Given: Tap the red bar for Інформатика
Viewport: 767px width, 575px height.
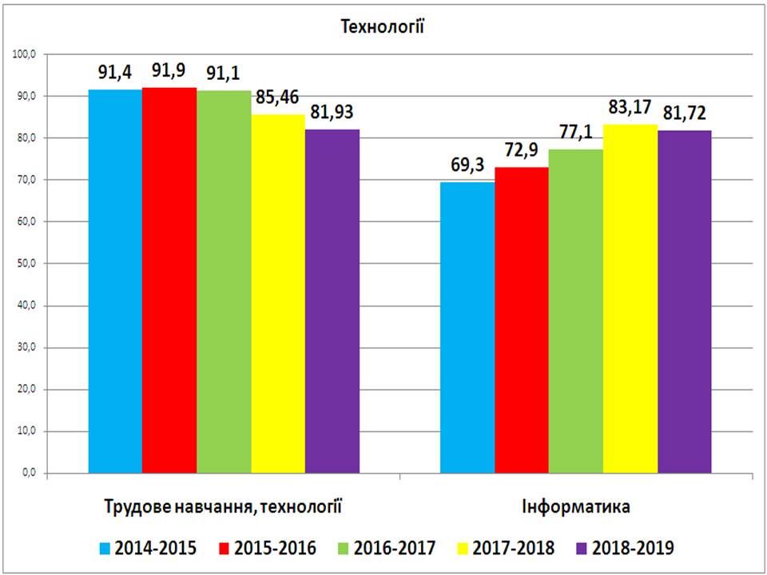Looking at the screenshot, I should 522,319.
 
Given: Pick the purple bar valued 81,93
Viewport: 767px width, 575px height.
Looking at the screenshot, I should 332,301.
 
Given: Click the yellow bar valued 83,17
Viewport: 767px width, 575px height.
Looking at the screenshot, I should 630,299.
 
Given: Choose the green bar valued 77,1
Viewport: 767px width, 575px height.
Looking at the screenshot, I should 575,311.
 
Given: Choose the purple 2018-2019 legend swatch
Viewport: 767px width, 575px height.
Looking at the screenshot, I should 581,548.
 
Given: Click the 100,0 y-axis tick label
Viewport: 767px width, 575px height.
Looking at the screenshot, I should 25,54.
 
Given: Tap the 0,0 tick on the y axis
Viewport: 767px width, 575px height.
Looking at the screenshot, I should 30,474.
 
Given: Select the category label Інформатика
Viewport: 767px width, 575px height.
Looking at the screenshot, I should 576,506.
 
